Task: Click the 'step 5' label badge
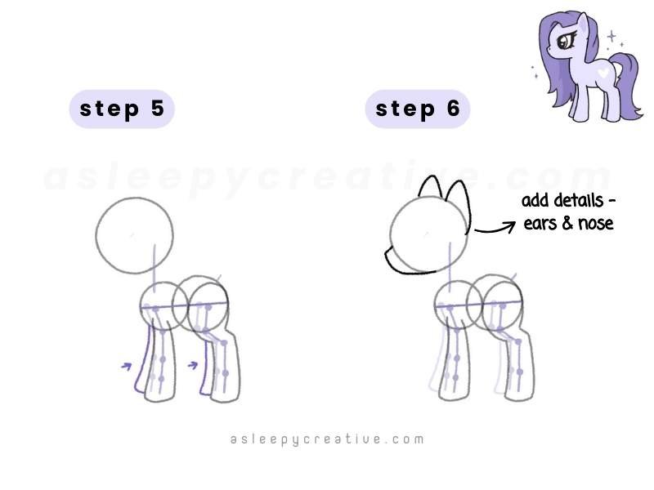click(121, 109)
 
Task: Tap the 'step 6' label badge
click(417, 109)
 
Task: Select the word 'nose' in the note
click(594, 222)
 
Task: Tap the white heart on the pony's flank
click(601, 72)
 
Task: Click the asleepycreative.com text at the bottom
click(327, 439)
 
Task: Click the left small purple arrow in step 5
click(126, 367)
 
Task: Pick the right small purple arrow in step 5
click(193, 364)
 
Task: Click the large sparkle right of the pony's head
click(611, 36)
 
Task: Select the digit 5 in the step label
click(157, 109)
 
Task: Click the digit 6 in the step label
click(453, 109)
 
